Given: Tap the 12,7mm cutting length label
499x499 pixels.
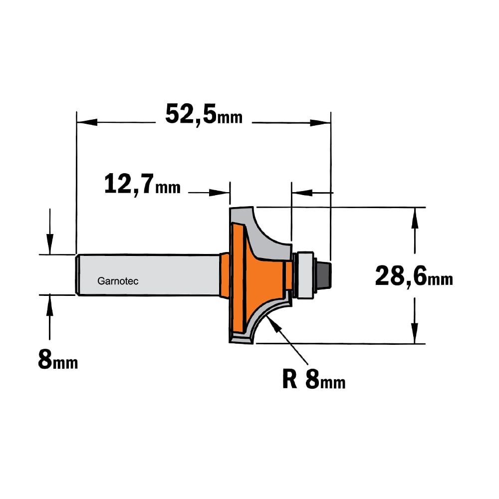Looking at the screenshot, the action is pyautogui.click(x=142, y=185).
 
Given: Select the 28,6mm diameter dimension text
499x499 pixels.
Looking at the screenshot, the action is pyautogui.click(x=414, y=276).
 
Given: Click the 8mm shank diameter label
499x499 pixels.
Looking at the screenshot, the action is pyautogui.click(x=57, y=359).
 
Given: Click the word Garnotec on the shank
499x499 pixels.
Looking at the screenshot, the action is pyautogui.click(x=118, y=281).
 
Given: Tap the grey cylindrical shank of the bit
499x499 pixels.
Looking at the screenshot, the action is pyautogui.click(x=148, y=274).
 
